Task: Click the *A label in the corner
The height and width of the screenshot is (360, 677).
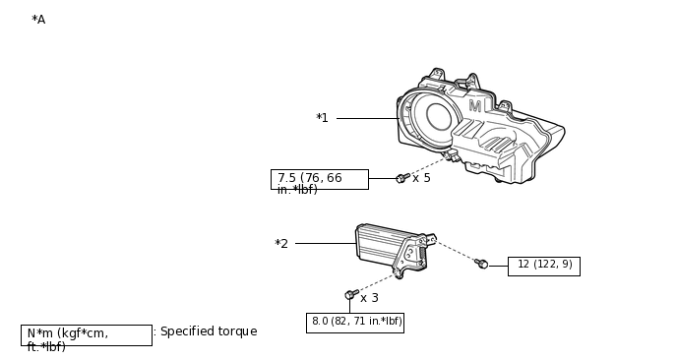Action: point(38,20)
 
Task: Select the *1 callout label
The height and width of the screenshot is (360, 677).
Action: point(322,118)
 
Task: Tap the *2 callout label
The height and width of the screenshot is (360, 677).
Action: point(281,244)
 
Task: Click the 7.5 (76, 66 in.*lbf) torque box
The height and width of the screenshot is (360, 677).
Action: point(320,180)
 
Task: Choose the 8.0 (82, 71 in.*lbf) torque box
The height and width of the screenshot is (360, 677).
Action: point(355,323)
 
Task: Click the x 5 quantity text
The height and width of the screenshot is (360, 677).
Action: point(421,178)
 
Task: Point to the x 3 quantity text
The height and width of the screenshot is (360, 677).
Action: point(370,298)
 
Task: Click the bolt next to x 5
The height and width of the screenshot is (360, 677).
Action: point(402,178)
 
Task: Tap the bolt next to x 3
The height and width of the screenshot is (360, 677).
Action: point(351,294)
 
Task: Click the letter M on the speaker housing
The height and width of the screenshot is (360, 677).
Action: point(475,106)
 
